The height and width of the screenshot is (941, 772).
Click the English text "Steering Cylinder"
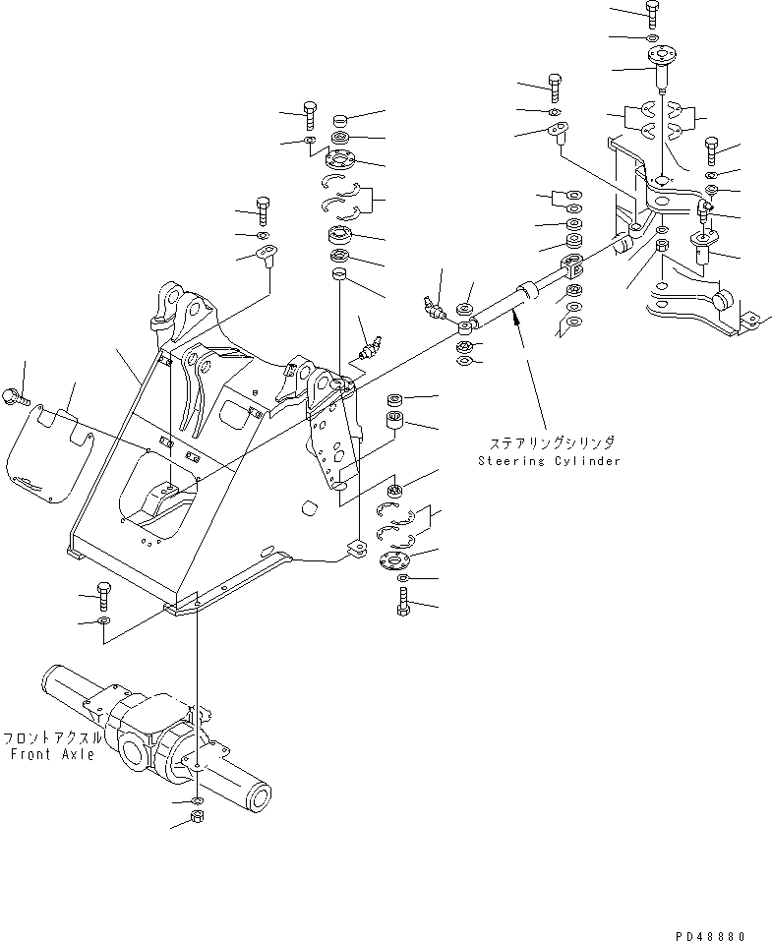click(x=550, y=461)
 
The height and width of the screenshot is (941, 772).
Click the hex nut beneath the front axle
click(x=197, y=816)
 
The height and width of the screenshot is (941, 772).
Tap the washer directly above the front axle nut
click(x=198, y=801)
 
